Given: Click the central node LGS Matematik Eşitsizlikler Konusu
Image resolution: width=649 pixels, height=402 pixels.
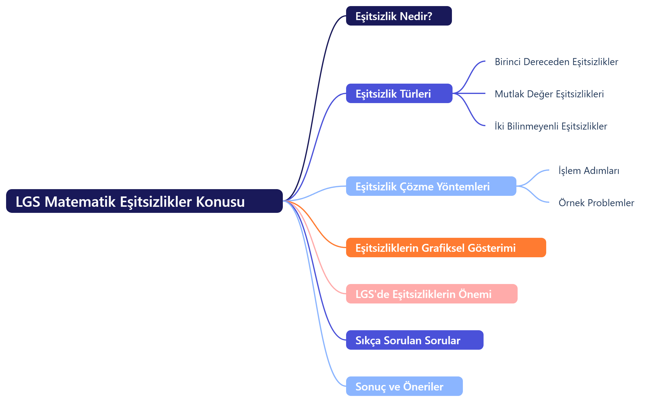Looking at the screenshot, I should coord(144,201).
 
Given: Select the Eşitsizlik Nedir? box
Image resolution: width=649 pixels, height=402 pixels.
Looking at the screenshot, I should coord(399,16).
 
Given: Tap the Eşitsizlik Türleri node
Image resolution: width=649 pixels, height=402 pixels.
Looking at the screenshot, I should coord(399,93).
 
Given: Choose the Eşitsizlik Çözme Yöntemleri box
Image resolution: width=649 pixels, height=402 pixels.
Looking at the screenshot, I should coord(431,186).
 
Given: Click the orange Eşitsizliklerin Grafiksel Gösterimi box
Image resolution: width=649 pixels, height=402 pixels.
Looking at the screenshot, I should coord(446,248).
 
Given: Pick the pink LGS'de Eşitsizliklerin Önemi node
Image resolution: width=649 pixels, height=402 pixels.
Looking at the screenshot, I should coord(432,294).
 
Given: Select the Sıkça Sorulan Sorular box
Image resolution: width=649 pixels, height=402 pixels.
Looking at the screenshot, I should coord(415,340).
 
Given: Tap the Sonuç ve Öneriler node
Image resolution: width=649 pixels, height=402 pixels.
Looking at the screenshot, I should coord(404,386).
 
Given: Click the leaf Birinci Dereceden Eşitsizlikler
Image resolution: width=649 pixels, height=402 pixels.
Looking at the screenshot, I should coord(556,62).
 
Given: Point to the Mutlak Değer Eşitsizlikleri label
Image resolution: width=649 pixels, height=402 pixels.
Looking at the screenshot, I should coord(549,94).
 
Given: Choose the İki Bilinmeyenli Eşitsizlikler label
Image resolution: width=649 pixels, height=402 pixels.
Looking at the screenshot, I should coord(550,126).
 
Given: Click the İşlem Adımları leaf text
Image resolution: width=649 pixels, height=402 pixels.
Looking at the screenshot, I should coord(589,171).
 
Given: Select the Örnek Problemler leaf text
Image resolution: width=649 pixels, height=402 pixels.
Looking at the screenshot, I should coord(596,203).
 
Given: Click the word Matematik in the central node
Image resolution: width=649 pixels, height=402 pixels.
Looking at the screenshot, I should coord(80,202).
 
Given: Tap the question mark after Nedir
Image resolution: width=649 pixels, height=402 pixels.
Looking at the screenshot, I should coord(429,16).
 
